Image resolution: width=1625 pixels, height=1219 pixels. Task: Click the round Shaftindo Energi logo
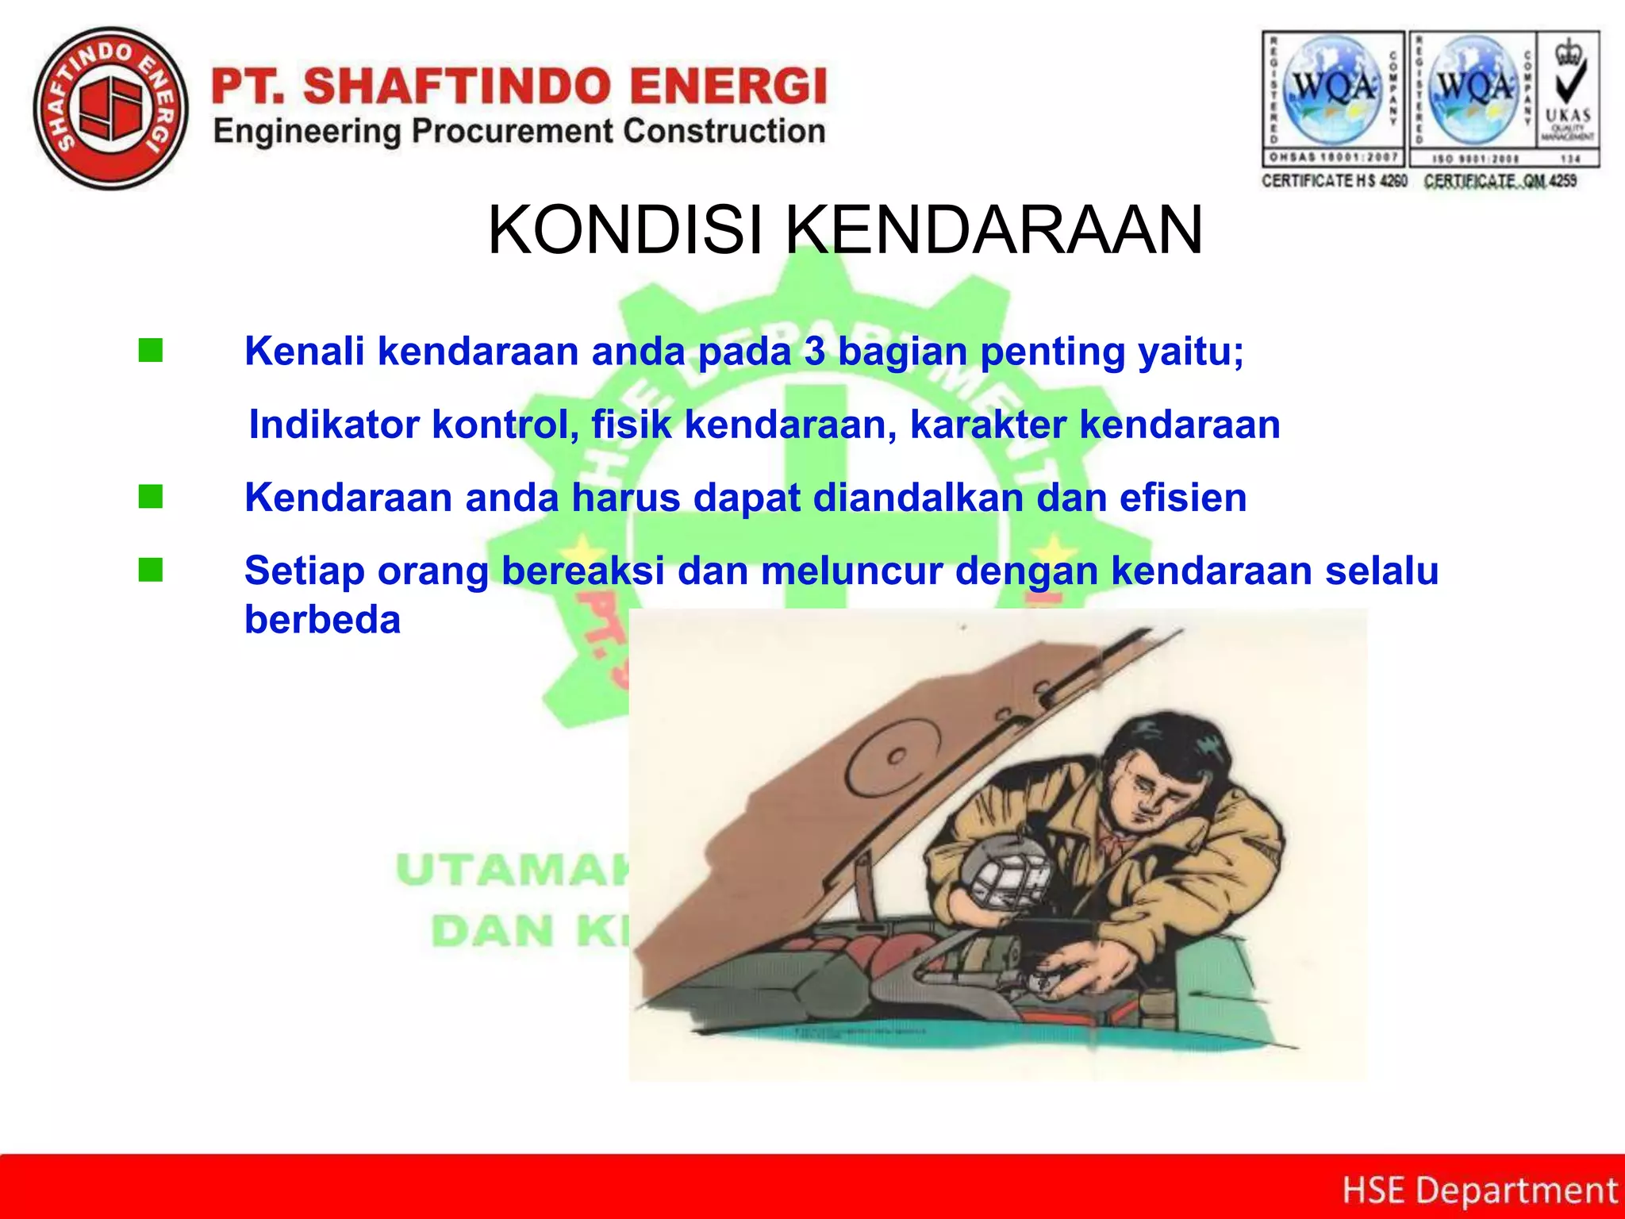pos(111,109)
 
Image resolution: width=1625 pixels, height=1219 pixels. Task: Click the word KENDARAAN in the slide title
pos(993,230)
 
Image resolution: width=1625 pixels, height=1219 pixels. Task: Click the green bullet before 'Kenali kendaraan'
pos(151,350)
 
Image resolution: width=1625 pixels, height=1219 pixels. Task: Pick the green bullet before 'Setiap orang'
pos(151,570)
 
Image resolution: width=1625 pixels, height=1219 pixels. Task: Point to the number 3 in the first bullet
pos(815,351)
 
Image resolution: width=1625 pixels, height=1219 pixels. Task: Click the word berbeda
pos(322,620)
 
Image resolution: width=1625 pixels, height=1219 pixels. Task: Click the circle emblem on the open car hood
pos(897,758)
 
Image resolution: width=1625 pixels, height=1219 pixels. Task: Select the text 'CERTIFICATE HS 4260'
pos(1334,181)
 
